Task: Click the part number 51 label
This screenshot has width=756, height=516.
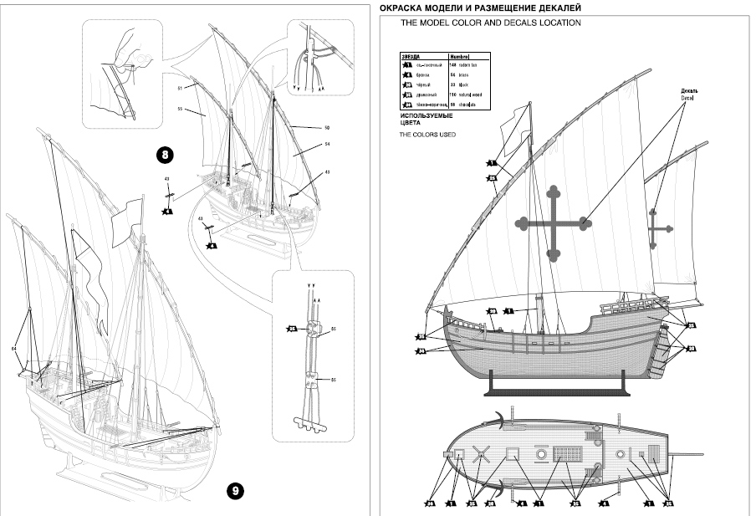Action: pyautogui.click(x=180, y=88)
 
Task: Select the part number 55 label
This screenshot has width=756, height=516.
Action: pyautogui.click(x=180, y=109)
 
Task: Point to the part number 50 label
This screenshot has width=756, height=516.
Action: pyautogui.click(x=327, y=127)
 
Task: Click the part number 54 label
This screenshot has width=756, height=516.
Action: pyautogui.click(x=327, y=145)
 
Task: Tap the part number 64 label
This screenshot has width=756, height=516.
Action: pyautogui.click(x=14, y=347)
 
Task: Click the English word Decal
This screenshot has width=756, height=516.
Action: pyautogui.click(x=687, y=98)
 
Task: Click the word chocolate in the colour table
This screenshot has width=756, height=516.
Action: pyautogui.click(x=469, y=105)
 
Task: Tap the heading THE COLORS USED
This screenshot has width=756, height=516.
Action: pyautogui.click(x=428, y=135)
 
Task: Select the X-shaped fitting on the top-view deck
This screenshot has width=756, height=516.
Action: pyautogui.click(x=480, y=455)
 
